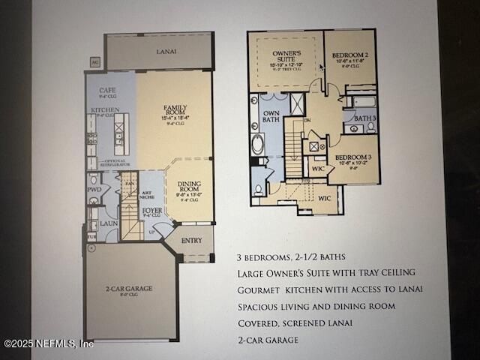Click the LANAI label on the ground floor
click(160, 52)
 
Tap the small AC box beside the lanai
click(94, 62)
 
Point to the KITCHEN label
click(105, 109)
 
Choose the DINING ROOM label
click(189, 187)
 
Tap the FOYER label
click(151, 211)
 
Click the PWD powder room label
click(94, 190)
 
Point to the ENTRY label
click(192, 241)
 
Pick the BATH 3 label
click(364, 118)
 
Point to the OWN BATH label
click(269, 118)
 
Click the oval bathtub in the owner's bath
click(258, 143)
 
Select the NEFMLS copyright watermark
click(49, 343)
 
